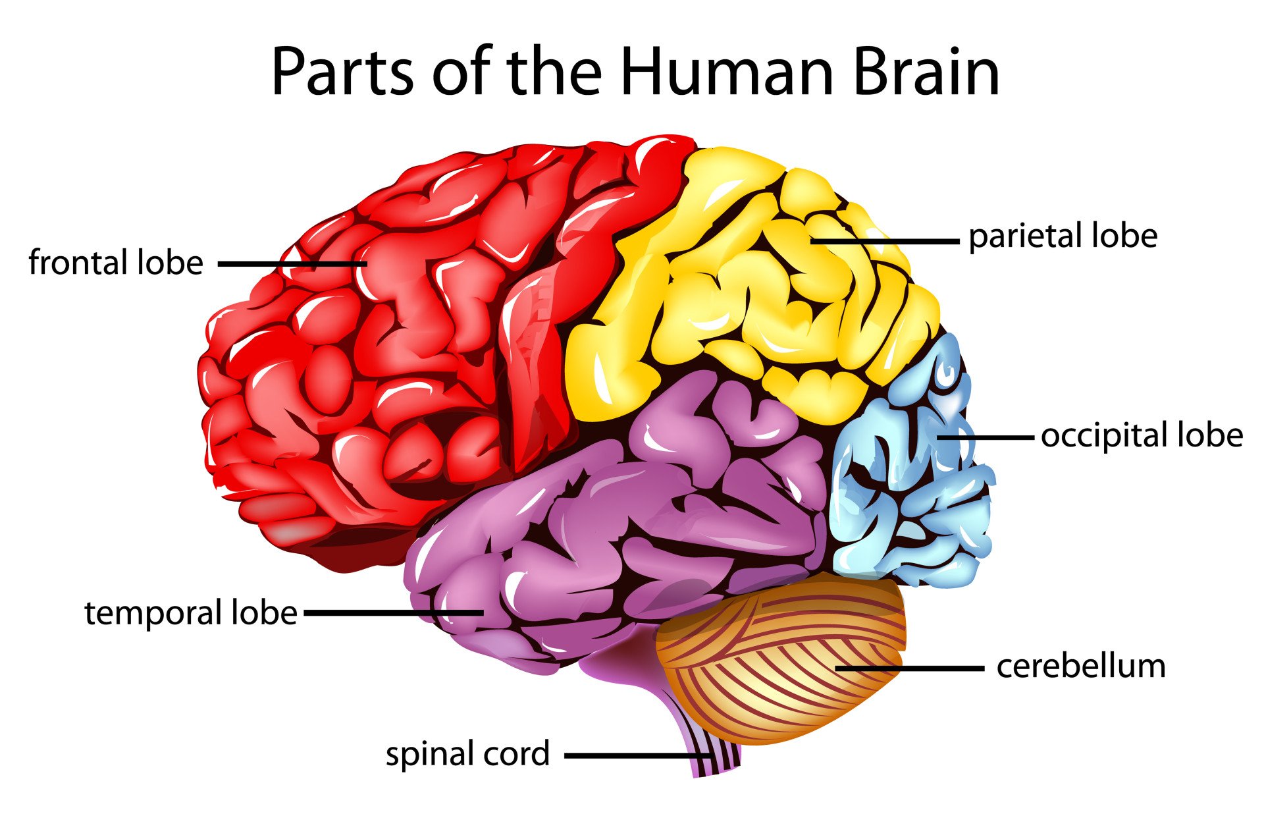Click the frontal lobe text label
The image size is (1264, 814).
116,263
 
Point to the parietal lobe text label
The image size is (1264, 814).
1063,236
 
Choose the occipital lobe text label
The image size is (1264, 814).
1142,436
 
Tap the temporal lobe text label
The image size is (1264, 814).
191,613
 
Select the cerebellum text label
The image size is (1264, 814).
1081,666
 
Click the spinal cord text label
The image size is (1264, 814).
467,754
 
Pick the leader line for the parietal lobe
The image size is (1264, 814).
885,242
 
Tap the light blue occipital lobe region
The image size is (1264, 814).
908,474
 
